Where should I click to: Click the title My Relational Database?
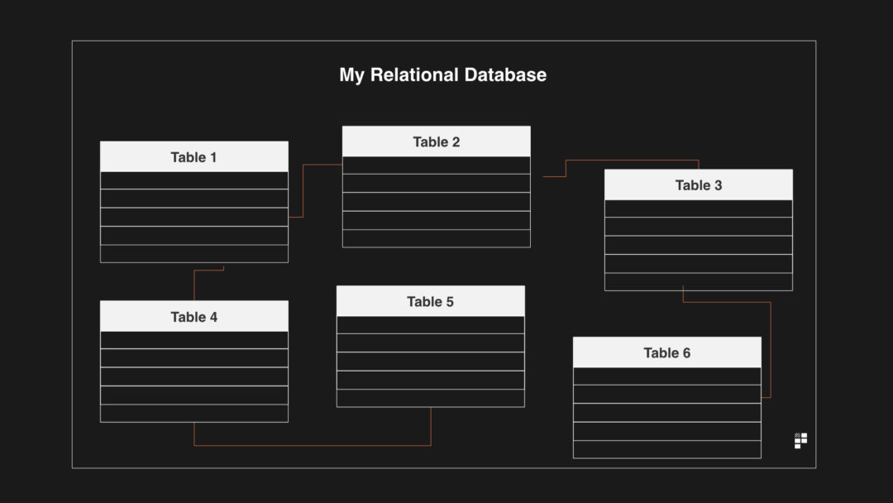click(x=442, y=74)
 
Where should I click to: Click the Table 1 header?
click(x=193, y=157)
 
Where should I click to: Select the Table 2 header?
click(x=436, y=141)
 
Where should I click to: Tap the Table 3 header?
click(x=698, y=185)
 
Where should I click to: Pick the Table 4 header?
click(x=193, y=317)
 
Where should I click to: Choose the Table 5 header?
click(x=430, y=302)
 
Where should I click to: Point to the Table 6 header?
click(x=666, y=352)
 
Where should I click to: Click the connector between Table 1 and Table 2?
click(x=303, y=190)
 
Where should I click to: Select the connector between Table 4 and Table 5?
click(x=313, y=445)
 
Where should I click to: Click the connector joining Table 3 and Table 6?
click(x=771, y=347)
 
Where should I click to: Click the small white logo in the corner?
click(x=800, y=440)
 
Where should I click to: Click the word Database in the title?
click(x=504, y=74)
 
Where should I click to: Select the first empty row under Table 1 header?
click(x=193, y=180)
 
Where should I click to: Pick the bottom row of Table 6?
click(x=666, y=449)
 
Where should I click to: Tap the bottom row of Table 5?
click(x=430, y=398)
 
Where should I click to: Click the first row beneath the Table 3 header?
click(x=698, y=208)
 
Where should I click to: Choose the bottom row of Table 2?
click(x=436, y=238)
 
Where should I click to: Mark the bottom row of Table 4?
click(x=193, y=413)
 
